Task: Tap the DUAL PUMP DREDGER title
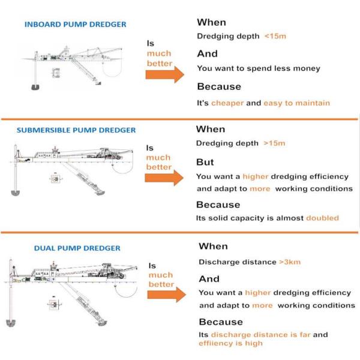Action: click(77, 248)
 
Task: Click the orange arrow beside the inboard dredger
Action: click(164, 74)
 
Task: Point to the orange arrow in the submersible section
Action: click(164, 178)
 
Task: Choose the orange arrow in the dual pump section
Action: click(164, 295)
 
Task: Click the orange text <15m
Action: click(275, 36)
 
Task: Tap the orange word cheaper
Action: click(227, 103)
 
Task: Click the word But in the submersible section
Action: click(205, 162)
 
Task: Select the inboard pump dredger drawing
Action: click(72, 66)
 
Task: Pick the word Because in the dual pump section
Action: click(221, 322)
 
